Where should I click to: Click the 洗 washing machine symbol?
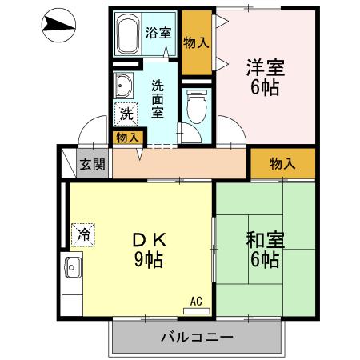tap(126, 114)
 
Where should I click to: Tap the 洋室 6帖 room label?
tap(263, 78)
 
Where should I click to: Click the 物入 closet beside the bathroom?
tap(196, 42)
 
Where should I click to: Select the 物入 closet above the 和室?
tap(282, 164)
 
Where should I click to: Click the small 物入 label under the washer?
tap(127, 138)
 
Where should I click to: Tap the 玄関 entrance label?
tap(92, 165)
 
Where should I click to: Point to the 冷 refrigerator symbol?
tap(82, 234)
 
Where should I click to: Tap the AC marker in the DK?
tap(196, 302)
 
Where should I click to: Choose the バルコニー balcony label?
tap(196, 337)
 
